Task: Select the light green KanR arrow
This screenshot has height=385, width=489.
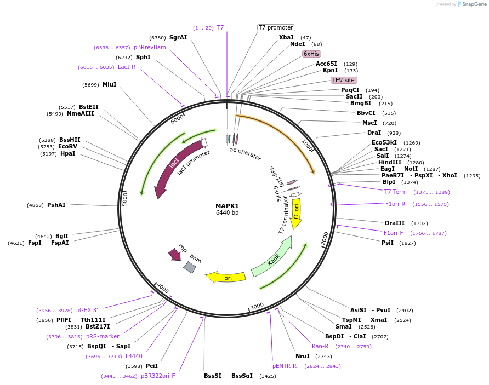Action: [x=271, y=257]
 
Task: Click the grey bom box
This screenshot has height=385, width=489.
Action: [x=190, y=267]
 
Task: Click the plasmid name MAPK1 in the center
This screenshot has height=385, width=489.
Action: [x=227, y=206]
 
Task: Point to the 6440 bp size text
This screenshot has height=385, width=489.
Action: [x=227, y=213]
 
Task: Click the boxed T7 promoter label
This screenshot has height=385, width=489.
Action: [x=276, y=27]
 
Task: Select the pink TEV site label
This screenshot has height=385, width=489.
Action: [x=344, y=80]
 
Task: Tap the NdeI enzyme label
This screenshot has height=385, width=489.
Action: [x=297, y=44]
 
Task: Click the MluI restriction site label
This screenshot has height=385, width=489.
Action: [x=110, y=84]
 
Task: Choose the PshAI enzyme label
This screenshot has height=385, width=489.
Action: [x=56, y=205]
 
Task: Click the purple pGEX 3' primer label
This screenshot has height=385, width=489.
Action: [x=87, y=310]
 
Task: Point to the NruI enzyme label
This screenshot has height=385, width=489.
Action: [x=303, y=356]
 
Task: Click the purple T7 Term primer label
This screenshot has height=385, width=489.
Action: [x=395, y=192]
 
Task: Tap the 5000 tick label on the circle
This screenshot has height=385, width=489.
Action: [x=124, y=199]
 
